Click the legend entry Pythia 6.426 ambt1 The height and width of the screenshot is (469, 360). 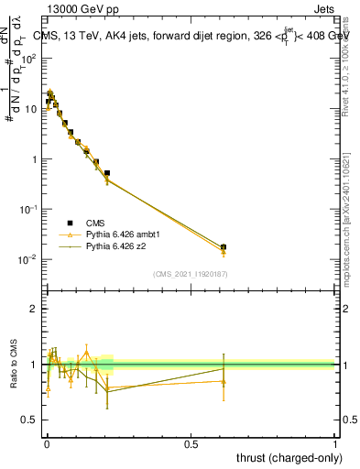point(118,235)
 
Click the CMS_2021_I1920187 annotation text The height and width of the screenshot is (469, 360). point(191,273)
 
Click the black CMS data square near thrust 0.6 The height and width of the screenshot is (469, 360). point(224,246)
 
